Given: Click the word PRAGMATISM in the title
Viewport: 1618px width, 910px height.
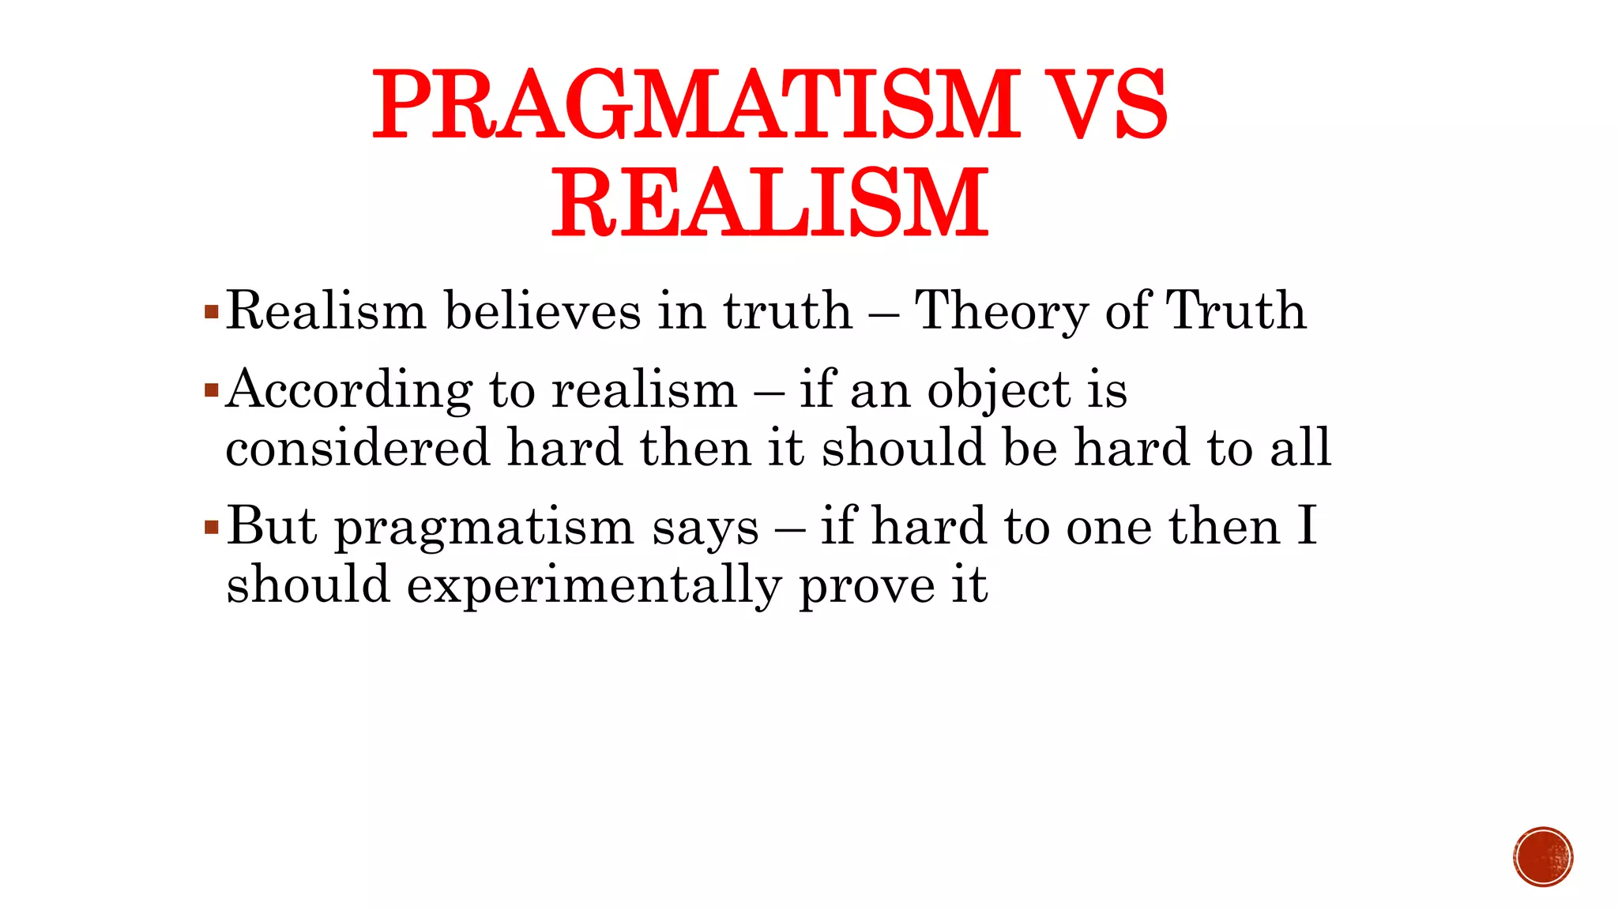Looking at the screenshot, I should [x=696, y=105].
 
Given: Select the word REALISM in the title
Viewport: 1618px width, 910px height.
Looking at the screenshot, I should [x=770, y=203].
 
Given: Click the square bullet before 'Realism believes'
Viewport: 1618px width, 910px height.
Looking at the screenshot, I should [x=211, y=311].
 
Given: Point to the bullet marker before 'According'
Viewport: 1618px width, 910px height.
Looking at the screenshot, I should [x=211, y=390].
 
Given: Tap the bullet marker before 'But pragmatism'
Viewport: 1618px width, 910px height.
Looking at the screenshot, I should [x=211, y=527].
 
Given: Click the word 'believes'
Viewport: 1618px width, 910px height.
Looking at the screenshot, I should [x=543, y=310].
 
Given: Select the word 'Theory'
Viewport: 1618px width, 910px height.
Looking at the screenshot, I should [x=1001, y=312].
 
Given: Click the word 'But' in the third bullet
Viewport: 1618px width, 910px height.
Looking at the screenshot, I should [x=272, y=526].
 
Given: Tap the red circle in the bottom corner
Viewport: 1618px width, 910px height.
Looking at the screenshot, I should [x=1543, y=857].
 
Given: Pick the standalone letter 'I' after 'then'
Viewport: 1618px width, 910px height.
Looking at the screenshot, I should [x=1307, y=526].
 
